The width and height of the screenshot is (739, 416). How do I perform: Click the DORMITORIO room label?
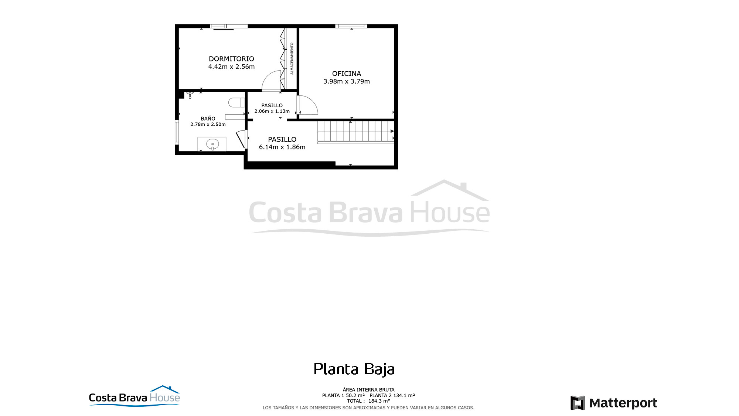coord(231,59)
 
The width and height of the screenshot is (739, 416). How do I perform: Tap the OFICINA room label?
coord(347,74)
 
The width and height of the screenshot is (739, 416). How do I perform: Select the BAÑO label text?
coord(208,118)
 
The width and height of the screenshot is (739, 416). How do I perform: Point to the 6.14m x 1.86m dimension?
coord(282,147)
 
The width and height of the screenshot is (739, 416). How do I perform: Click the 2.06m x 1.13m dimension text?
coord(272,111)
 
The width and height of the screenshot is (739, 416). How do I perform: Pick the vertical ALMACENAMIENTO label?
coord(292,58)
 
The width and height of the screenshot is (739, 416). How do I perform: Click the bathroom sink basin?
coord(212,144)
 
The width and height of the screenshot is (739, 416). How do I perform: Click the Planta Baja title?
coord(354,369)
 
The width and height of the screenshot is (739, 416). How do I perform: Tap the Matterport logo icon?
coord(578,403)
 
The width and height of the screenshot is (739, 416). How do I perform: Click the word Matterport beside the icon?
coord(623,403)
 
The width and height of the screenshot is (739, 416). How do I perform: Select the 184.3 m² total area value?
coord(379,401)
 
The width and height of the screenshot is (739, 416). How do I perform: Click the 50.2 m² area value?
coord(355,395)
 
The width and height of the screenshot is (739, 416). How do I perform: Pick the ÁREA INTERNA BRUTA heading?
coord(368,390)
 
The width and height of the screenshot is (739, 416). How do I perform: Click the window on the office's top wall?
coord(351,26)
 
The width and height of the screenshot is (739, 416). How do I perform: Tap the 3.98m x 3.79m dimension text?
coord(347,81)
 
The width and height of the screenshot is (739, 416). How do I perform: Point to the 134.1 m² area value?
coord(404,395)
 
